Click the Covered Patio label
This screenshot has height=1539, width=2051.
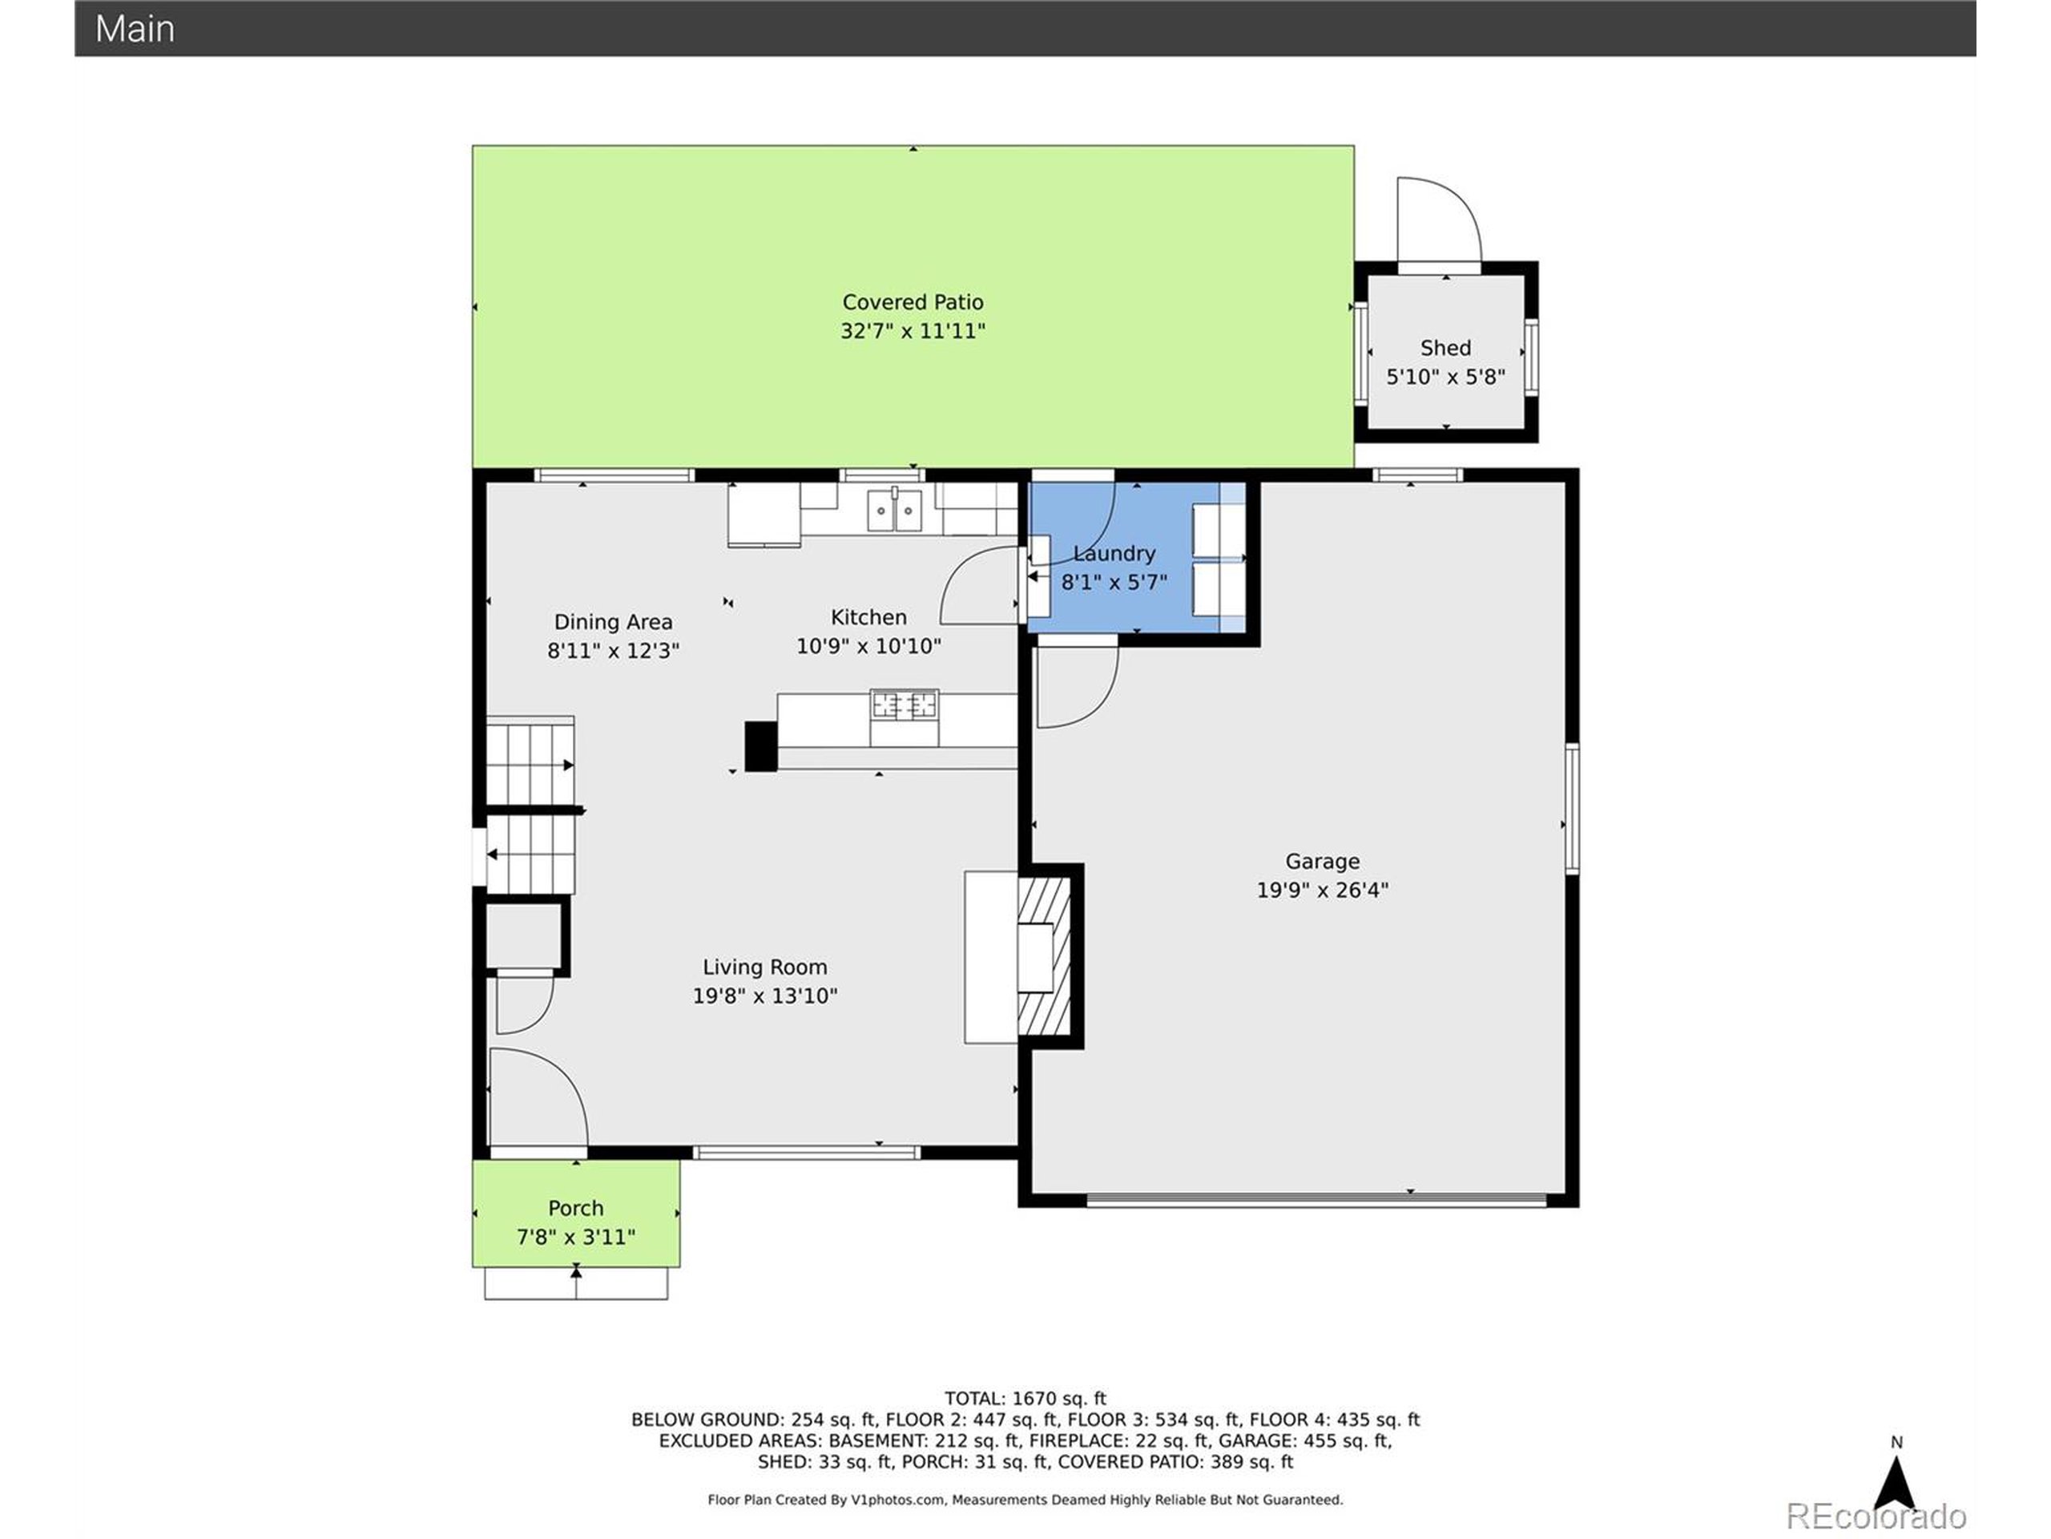(913, 302)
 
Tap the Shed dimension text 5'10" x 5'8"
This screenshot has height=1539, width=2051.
(1445, 378)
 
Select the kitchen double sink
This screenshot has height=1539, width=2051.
(894, 511)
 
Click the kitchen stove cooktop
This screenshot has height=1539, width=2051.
(904, 706)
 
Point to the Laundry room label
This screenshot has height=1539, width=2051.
(1114, 554)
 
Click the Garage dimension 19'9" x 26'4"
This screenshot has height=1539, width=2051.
(1321, 891)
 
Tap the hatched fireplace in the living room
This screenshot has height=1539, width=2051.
(1045, 955)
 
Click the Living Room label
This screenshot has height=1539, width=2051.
(764, 967)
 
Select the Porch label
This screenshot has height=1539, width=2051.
(575, 1209)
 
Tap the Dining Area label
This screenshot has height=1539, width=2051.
(613, 623)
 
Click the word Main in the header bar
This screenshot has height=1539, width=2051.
(135, 29)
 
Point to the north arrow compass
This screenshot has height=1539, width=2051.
(1896, 1482)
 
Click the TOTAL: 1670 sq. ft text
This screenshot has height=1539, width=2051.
(1025, 1399)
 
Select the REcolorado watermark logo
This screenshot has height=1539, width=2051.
(1876, 1516)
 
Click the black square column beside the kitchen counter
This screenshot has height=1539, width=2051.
(760, 745)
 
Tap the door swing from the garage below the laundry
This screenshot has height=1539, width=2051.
(1075, 686)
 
